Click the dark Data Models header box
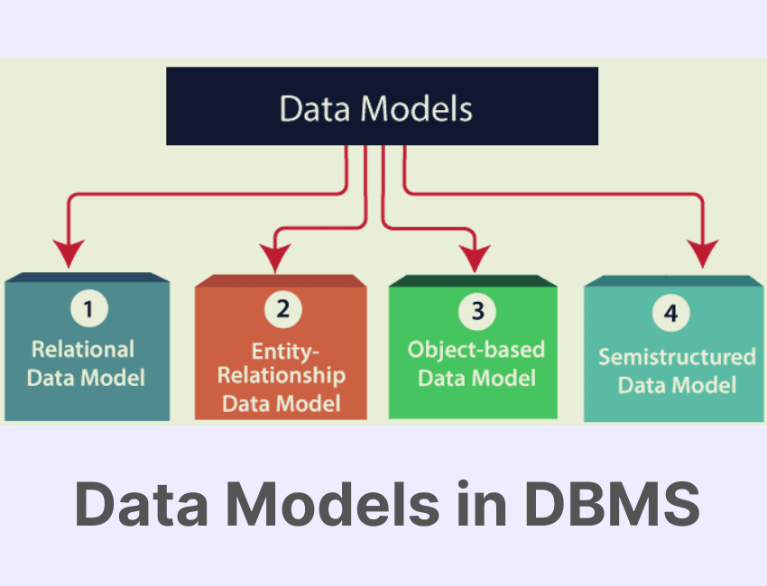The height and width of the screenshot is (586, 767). coord(382,106)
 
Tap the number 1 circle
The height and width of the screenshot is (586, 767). coord(88,310)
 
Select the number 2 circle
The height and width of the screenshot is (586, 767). coord(282,309)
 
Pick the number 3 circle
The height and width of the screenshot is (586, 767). coord(476,311)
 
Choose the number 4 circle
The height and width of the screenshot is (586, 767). coord(670,313)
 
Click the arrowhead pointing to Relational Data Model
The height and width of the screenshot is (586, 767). coord(67,252)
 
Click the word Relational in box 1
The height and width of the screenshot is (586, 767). coord(83,349)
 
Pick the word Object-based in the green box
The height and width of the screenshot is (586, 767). coord(476,349)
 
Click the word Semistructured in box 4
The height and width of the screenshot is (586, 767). coord(677,356)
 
